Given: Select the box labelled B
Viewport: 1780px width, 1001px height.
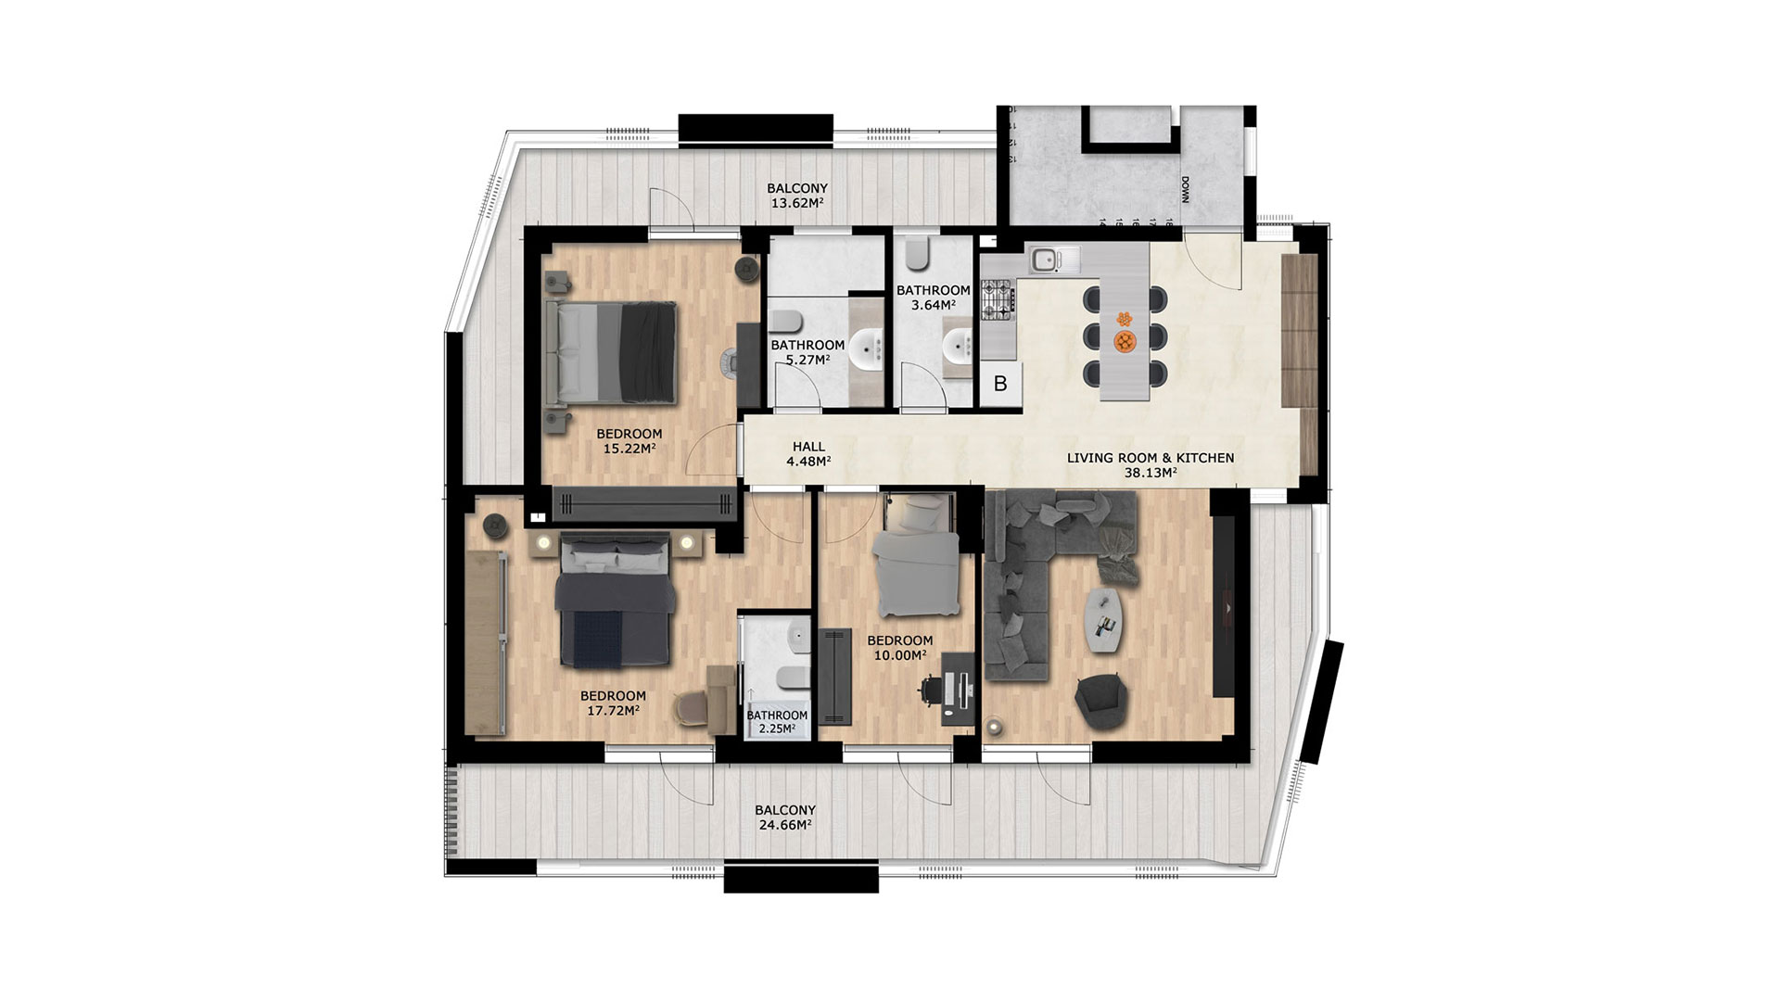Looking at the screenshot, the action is click(x=1000, y=384).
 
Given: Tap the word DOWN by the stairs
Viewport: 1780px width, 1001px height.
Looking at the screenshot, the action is click(x=1185, y=192).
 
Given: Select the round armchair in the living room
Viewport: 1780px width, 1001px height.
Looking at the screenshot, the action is click(x=1101, y=701).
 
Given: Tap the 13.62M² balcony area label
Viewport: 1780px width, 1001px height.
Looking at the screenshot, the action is click(x=797, y=196).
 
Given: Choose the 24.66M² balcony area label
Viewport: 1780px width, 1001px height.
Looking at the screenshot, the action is click(x=785, y=817).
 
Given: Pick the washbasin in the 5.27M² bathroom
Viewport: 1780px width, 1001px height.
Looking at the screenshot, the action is click(x=869, y=349).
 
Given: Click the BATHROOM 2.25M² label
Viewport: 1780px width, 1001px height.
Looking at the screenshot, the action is click(x=777, y=722).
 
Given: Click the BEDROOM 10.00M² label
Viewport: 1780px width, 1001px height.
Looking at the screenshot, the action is click(x=899, y=648).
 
